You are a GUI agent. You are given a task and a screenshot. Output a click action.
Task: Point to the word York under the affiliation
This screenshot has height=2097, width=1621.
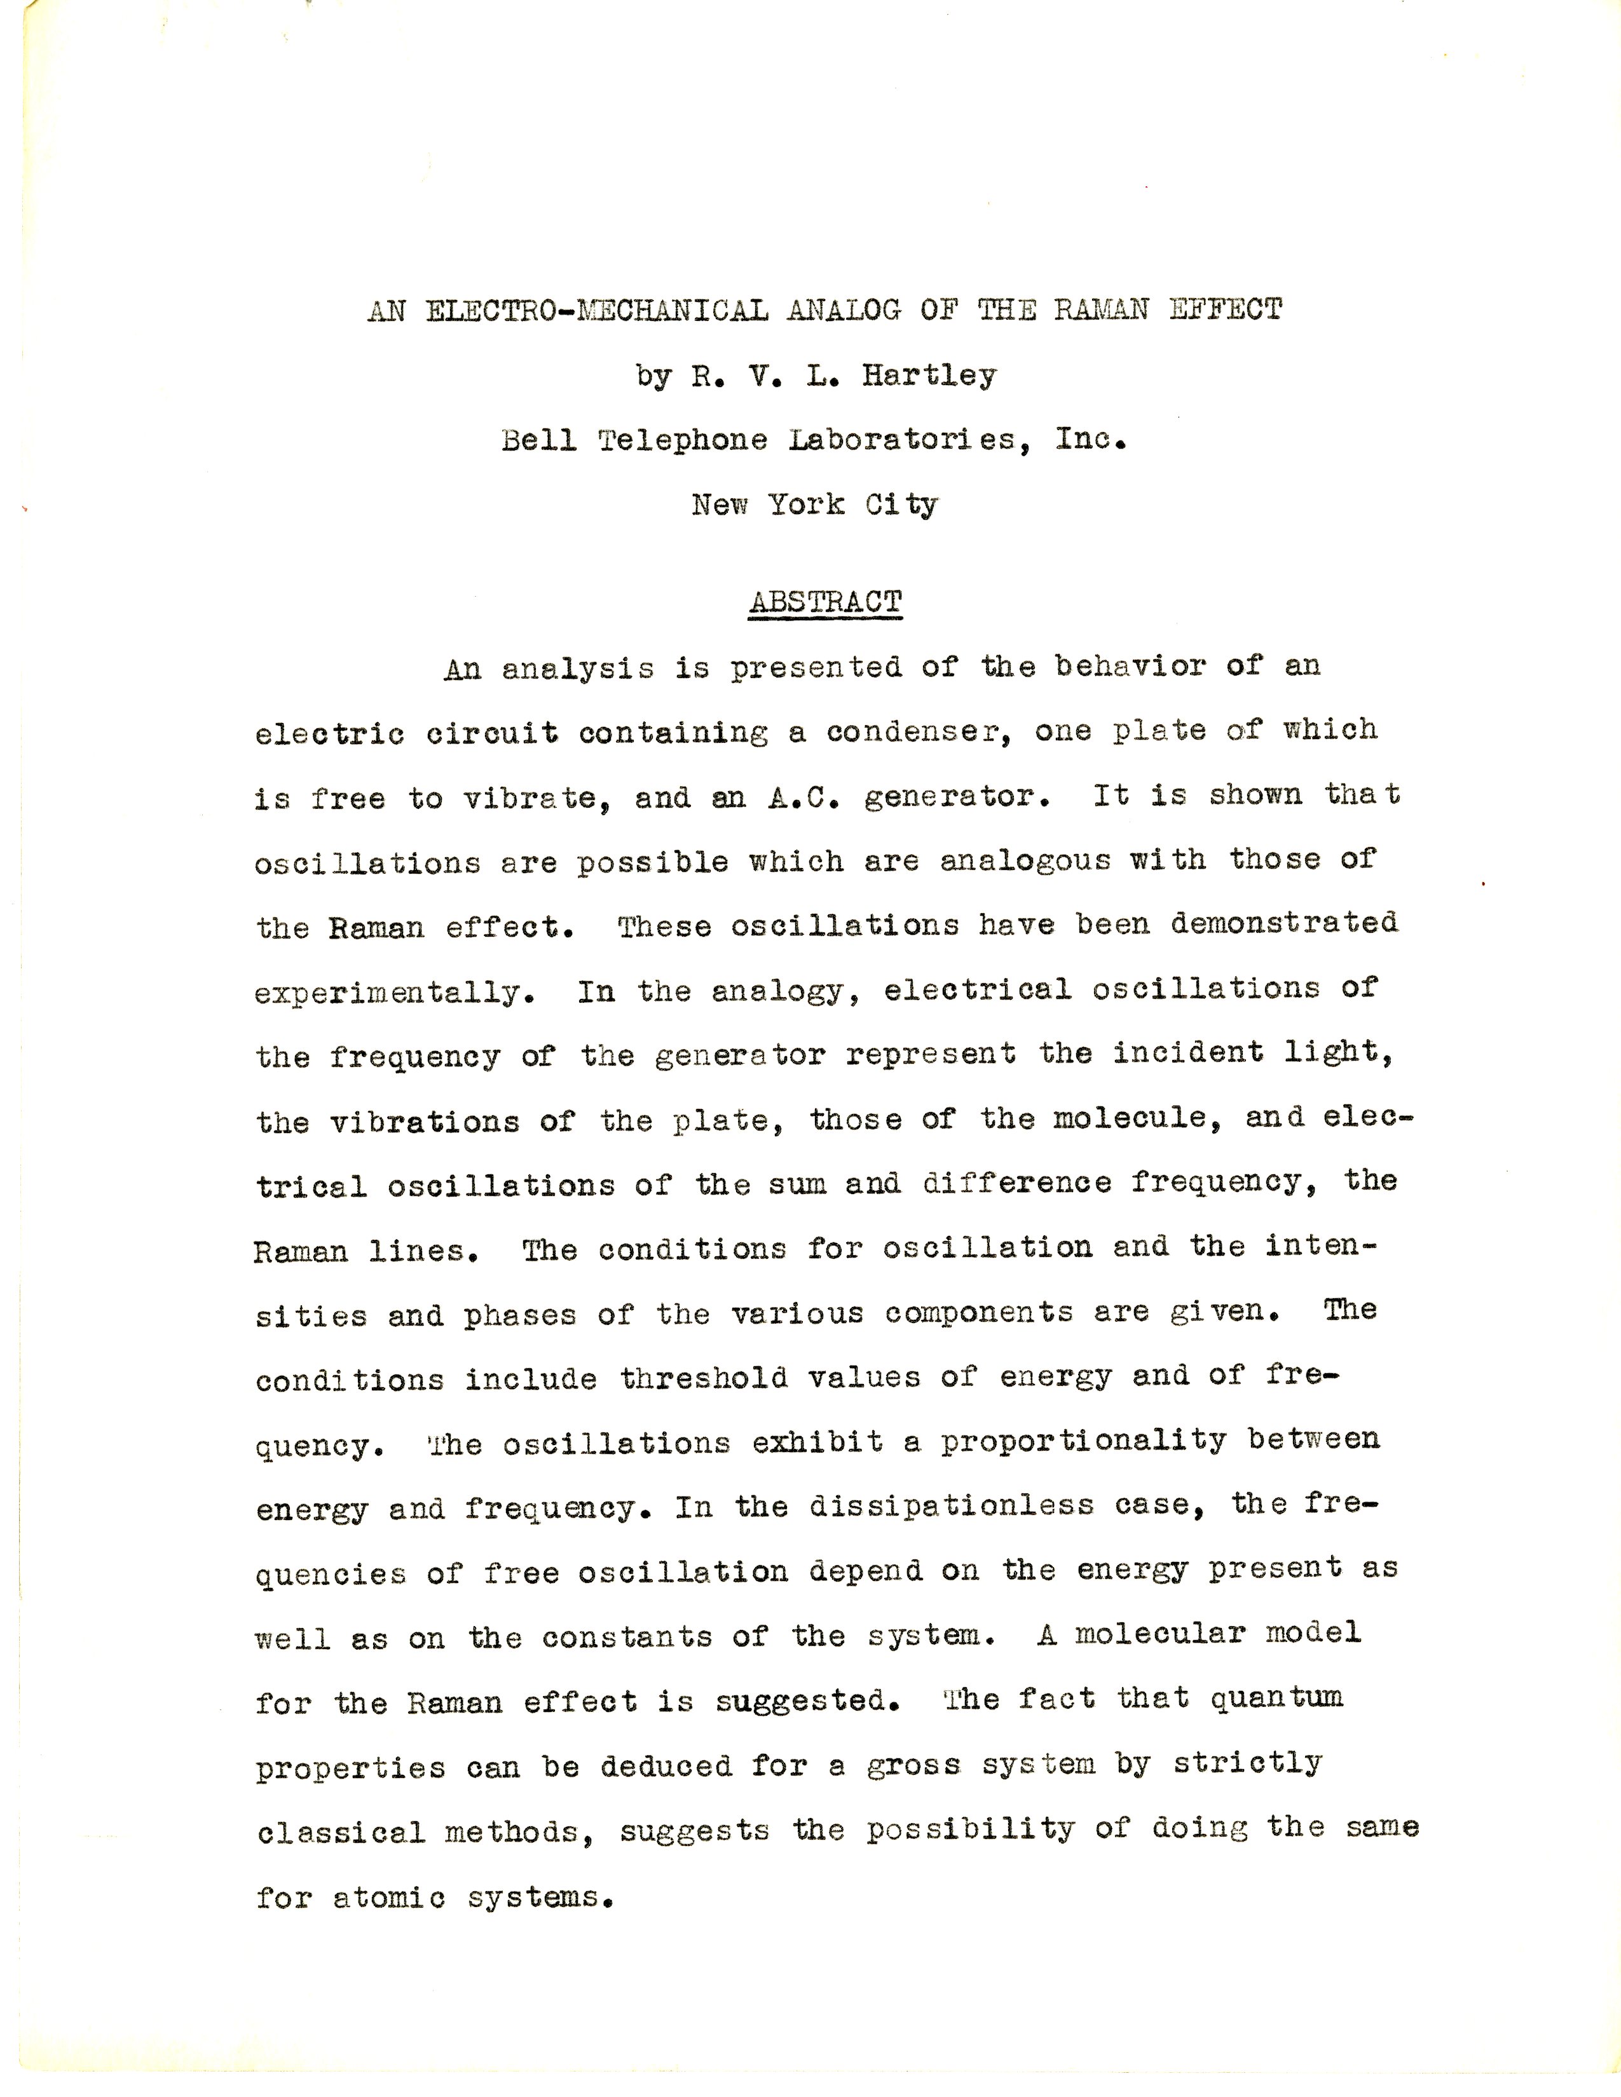coord(805,504)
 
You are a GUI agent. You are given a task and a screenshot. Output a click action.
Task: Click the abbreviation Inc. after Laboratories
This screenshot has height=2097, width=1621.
coord(1090,439)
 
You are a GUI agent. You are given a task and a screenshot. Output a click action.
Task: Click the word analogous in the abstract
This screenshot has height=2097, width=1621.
coord(1025,860)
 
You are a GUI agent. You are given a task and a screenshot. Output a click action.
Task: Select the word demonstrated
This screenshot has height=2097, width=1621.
coord(1284,924)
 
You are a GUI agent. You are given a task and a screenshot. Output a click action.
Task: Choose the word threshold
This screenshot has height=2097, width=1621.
coord(703,1379)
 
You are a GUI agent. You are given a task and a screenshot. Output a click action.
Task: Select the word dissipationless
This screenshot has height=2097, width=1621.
coord(951,1505)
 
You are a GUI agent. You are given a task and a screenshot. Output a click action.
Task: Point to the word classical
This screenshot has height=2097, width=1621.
coord(340,1832)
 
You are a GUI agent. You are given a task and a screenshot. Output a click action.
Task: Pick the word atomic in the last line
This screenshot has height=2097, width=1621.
coord(389,1898)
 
